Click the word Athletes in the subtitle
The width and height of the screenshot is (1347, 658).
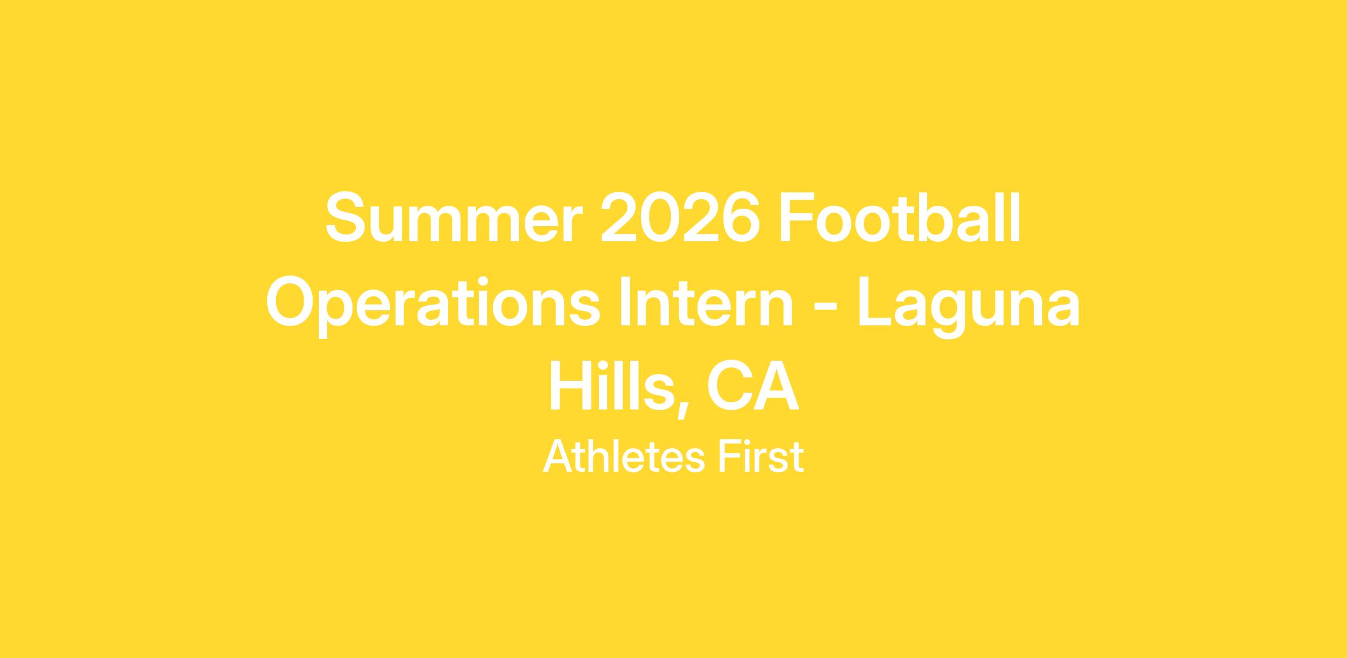624,455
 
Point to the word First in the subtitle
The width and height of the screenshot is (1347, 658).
761,455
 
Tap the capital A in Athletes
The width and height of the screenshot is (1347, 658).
558,455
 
